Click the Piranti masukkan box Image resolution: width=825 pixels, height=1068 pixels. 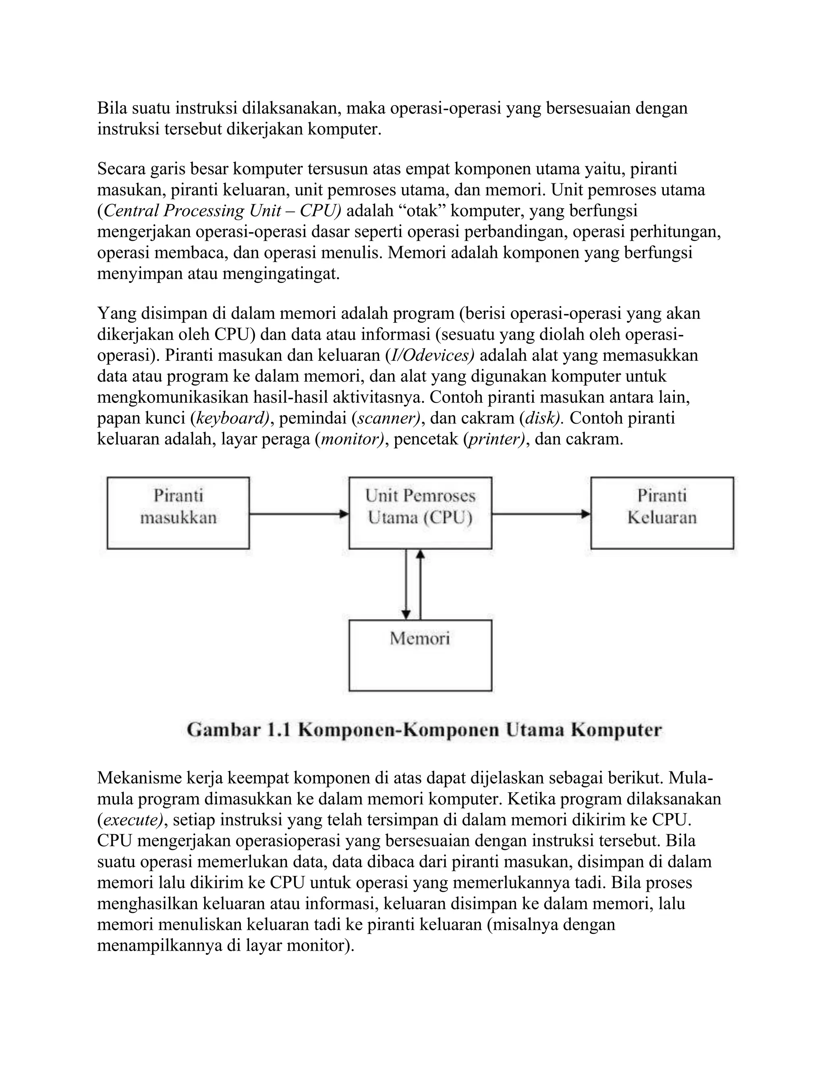tap(178, 513)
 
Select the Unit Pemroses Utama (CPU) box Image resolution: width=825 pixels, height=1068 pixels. tap(420, 513)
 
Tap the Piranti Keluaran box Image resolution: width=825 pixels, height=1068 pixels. tap(662, 513)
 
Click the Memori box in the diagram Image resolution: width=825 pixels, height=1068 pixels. tap(420, 655)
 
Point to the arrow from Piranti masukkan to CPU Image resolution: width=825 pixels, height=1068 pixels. tap(298, 514)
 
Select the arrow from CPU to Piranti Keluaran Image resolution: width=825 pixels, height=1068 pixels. tap(541, 514)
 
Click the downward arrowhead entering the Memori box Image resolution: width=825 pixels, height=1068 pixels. tap(406, 614)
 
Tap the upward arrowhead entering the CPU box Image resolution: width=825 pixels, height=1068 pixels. tap(420, 555)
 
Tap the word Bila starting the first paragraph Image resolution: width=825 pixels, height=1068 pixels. tap(112, 108)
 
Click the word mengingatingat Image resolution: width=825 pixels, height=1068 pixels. tap(280, 274)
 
